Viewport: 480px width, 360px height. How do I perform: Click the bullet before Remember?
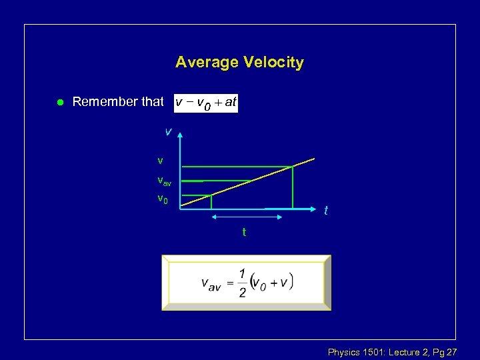(59, 102)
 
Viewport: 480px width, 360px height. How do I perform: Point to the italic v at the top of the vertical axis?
(168, 132)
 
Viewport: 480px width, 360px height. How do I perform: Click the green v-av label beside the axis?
(163, 180)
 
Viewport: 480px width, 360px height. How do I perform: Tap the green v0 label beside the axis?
(162, 198)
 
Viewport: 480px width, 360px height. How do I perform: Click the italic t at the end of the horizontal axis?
(325, 210)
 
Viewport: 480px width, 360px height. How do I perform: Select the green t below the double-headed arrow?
(244, 232)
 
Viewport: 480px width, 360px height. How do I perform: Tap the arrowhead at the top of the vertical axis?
(180, 135)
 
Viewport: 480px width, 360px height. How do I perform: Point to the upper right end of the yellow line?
(313, 159)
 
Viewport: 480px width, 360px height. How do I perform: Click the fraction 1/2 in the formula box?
(242, 283)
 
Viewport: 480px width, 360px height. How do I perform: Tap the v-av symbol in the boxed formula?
(211, 283)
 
